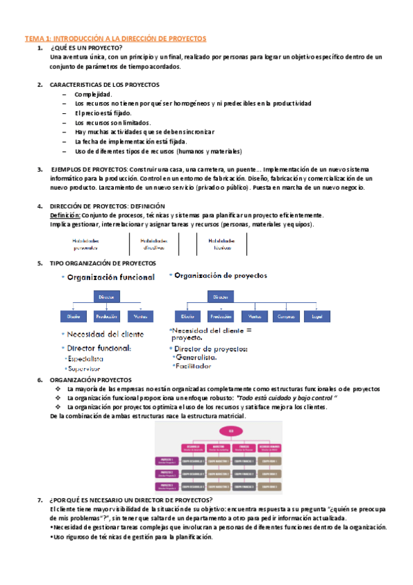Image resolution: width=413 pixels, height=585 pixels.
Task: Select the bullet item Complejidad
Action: (93, 94)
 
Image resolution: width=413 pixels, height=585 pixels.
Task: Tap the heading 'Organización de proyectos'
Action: (220, 275)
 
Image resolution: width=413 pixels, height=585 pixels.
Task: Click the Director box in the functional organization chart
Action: (107, 296)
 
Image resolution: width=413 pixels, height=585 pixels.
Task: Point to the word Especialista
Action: (85, 359)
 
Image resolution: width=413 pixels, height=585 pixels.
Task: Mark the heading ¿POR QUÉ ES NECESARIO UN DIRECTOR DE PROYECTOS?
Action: (131, 499)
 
